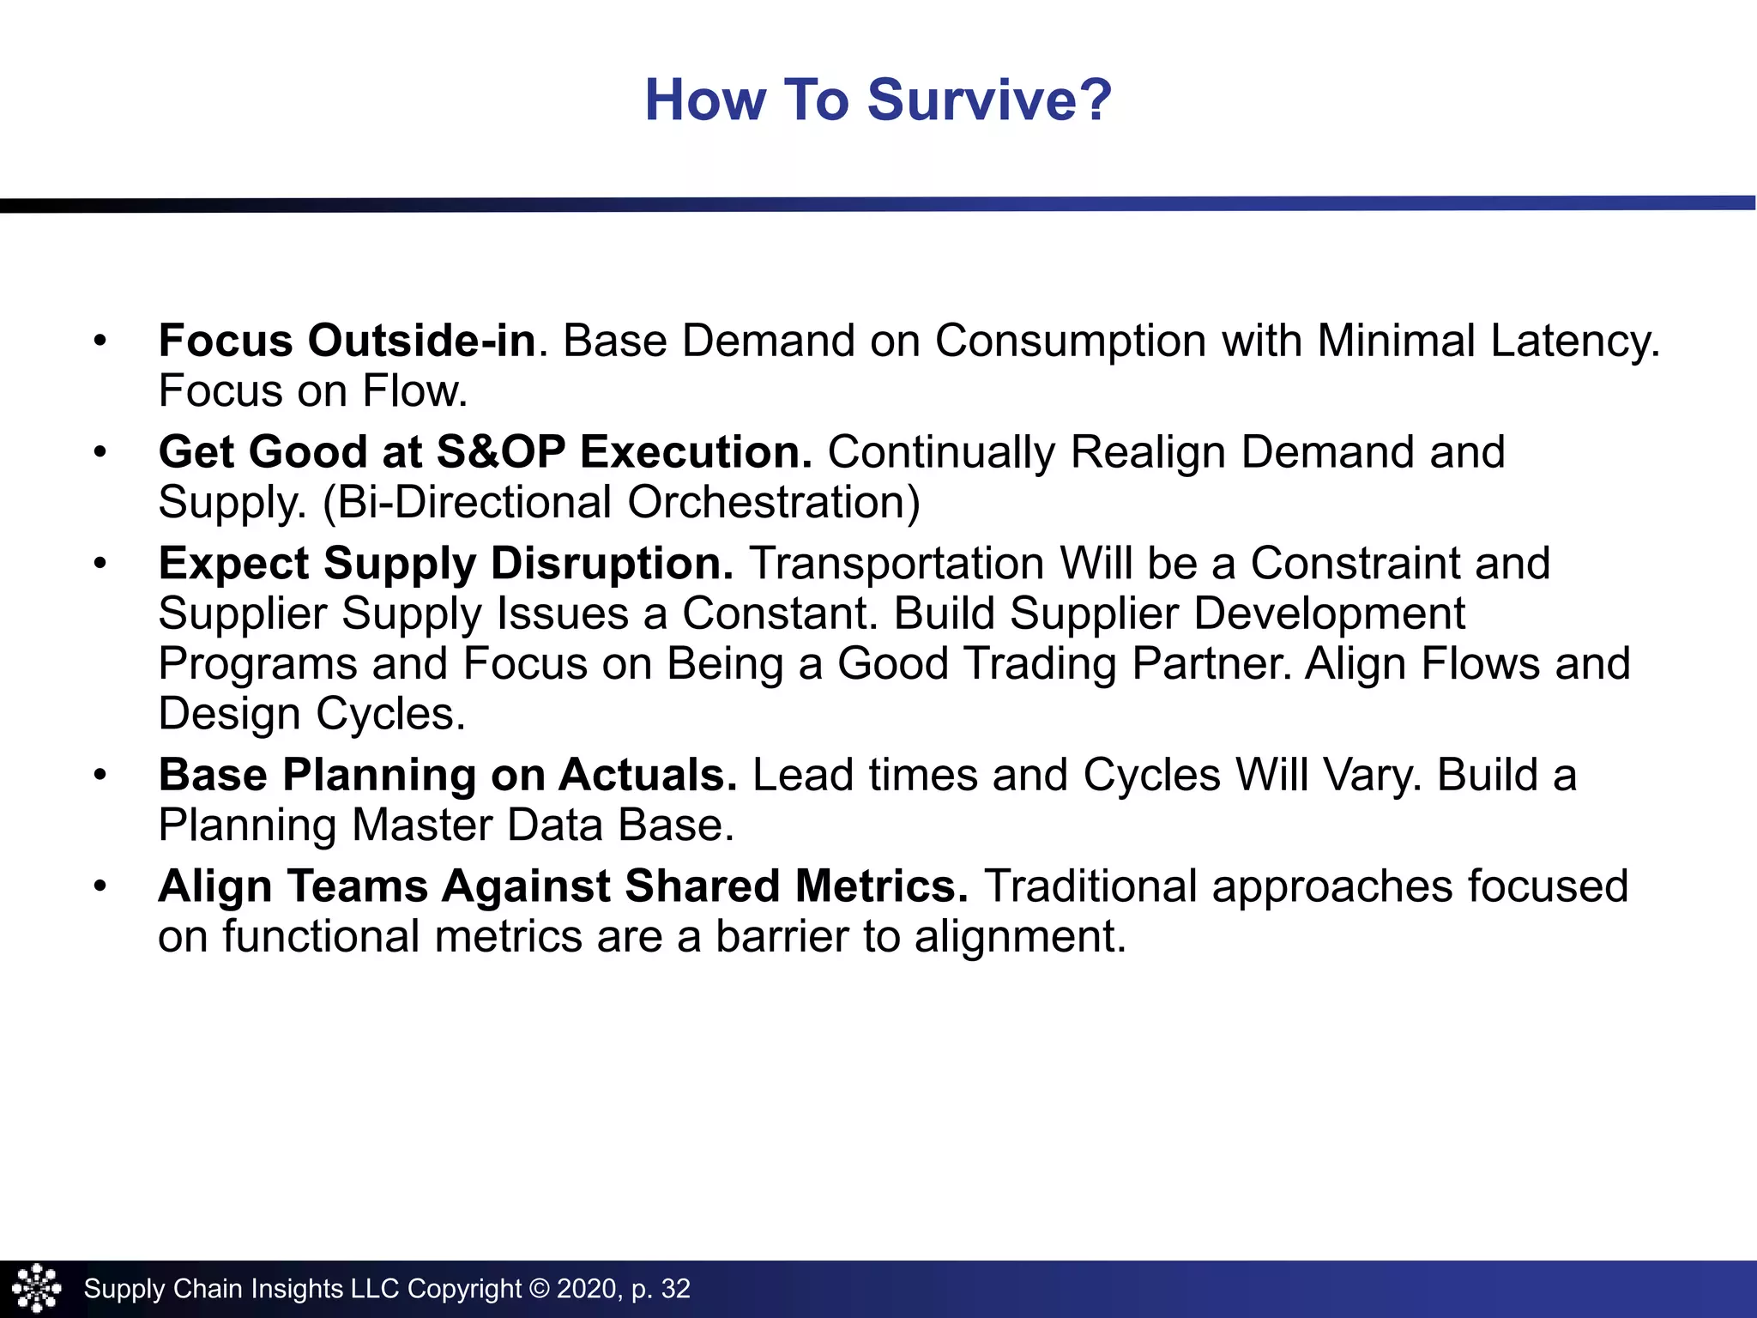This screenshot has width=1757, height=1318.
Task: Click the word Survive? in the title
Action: (989, 100)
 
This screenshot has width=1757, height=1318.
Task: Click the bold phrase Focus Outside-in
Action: (347, 341)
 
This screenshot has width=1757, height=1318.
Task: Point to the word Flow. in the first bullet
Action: (415, 391)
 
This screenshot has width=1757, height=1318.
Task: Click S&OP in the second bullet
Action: (501, 452)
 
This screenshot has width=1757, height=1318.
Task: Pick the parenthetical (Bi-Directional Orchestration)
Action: (621, 503)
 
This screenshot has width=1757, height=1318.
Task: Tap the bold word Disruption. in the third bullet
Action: (612, 564)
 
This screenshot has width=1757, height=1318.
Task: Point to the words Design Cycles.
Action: (312, 714)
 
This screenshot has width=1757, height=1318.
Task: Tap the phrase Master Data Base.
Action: (543, 825)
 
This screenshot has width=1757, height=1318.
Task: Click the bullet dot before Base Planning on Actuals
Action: (100, 776)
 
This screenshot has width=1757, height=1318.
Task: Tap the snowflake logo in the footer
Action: (37, 1288)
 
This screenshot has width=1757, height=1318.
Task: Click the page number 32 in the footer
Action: (675, 1289)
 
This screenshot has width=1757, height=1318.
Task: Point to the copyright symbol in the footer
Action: (539, 1289)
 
